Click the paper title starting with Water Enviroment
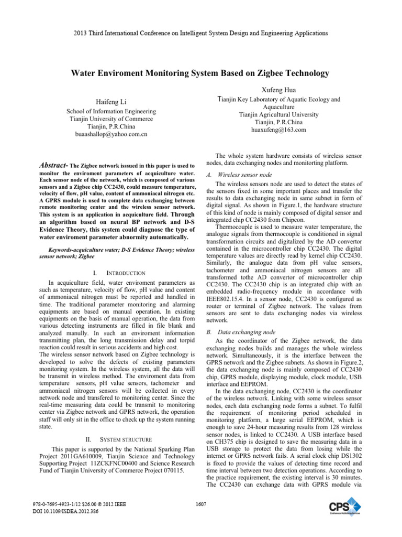(x=200, y=73)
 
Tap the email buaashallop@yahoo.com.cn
(x=110, y=134)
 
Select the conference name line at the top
(x=200, y=33)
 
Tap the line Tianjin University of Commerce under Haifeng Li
(x=110, y=119)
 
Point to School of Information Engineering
(x=110, y=111)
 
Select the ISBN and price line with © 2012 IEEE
(x=76, y=504)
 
